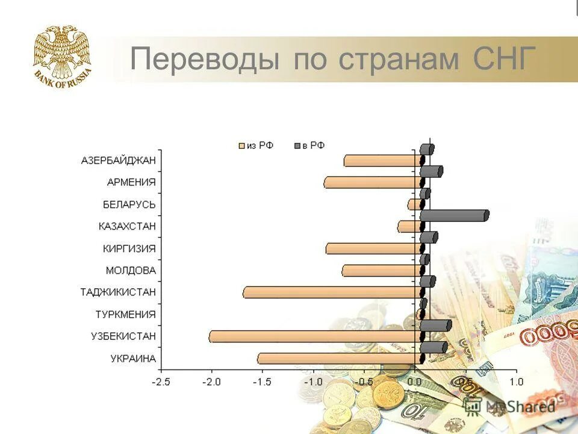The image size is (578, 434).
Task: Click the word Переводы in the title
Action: point(205,60)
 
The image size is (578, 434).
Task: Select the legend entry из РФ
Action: point(256,145)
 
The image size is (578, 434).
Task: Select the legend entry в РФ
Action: point(309,145)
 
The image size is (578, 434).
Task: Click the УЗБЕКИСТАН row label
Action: point(123,336)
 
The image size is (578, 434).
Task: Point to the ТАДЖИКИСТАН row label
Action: point(118,292)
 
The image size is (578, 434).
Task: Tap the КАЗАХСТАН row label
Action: point(127,226)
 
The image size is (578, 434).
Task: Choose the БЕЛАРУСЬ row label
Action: point(129,204)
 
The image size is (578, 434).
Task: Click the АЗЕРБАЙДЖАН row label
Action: point(118,160)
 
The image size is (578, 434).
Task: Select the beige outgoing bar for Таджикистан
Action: point(331,292)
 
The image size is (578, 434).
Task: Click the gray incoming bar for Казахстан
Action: point(454,216)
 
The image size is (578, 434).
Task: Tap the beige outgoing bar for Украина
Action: point(339,359)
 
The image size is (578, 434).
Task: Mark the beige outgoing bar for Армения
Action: point(371,183)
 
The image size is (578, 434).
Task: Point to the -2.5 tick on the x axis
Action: point(161,382)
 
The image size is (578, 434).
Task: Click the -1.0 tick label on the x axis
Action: point(312,382)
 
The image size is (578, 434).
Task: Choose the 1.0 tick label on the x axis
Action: point(516,382)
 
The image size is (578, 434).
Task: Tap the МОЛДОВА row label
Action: point(131,270)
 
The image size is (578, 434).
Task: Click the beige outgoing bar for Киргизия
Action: point(373,248)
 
